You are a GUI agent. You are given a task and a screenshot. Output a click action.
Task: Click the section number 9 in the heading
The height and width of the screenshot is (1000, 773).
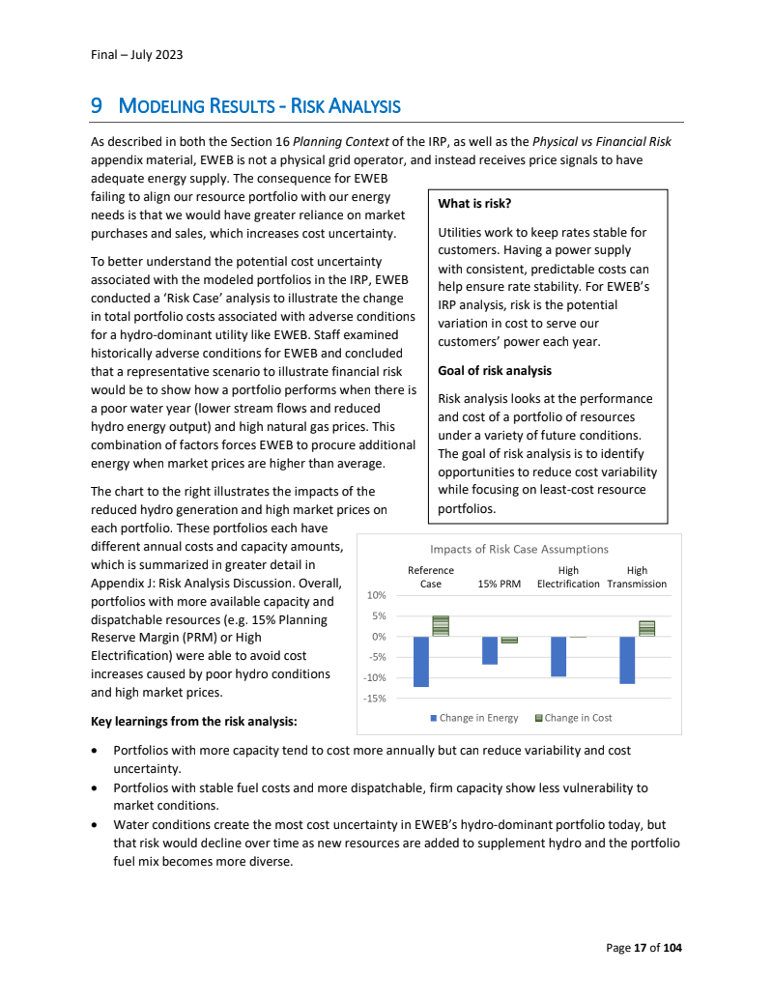[96, 106]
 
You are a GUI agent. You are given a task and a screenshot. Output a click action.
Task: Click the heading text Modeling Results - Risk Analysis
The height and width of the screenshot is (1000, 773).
[259, 106]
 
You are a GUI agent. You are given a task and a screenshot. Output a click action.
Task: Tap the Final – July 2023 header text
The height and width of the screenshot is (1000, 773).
[130, 54]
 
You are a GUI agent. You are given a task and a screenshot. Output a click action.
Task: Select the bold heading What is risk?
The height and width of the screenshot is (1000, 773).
[474, 204]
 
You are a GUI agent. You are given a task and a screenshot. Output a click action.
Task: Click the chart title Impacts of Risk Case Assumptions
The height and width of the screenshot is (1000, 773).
[519, 550]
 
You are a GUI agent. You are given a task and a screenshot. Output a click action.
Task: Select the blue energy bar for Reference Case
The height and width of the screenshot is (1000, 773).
[421, 661]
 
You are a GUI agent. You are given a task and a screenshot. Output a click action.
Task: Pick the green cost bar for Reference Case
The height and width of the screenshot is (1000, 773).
[441, 626]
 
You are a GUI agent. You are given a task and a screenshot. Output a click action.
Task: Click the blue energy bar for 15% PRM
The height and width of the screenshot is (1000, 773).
[490, 650]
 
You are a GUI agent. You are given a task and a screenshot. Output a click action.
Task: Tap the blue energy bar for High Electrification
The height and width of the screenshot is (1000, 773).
[558, 656]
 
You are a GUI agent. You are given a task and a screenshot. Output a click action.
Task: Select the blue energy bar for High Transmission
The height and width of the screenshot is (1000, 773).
[627, 659]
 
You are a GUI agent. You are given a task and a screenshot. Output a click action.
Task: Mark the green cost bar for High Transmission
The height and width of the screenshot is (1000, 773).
[647, 628]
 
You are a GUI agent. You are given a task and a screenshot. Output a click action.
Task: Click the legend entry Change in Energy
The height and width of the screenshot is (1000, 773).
[474, 718]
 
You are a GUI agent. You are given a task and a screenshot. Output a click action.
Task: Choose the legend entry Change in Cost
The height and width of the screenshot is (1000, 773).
[573, 718]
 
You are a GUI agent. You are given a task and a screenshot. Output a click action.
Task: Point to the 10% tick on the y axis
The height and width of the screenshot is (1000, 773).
[376, 595]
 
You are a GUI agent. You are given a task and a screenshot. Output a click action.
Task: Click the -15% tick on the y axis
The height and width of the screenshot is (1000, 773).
[374, 699]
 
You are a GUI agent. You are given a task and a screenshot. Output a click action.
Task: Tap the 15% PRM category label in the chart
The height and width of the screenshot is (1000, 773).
[500, 584]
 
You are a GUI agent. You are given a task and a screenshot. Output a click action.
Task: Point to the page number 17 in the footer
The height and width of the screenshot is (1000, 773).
[640, 948]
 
